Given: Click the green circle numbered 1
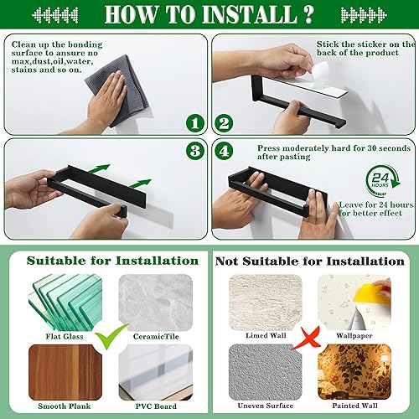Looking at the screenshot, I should [x=196, y=123].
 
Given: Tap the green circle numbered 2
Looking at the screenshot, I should [x=224, y=123].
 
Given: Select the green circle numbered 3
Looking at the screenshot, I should [x=196, y=152].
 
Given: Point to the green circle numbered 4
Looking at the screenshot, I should [x=224, y=152].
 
